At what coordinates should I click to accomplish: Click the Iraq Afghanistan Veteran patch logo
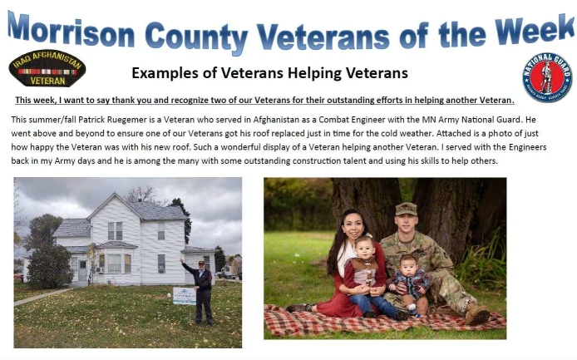click(47, 68)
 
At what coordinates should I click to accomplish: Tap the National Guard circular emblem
click(547, 77)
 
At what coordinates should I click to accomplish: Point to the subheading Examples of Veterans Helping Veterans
click(269, 73)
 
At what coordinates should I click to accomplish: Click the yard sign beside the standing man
click(185, 296)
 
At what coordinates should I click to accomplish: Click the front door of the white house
click(82, 270)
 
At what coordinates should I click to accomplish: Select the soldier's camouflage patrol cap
click(406, 209)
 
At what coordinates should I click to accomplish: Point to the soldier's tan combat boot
click(477, 314)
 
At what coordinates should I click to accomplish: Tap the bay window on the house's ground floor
click(116, 264)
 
